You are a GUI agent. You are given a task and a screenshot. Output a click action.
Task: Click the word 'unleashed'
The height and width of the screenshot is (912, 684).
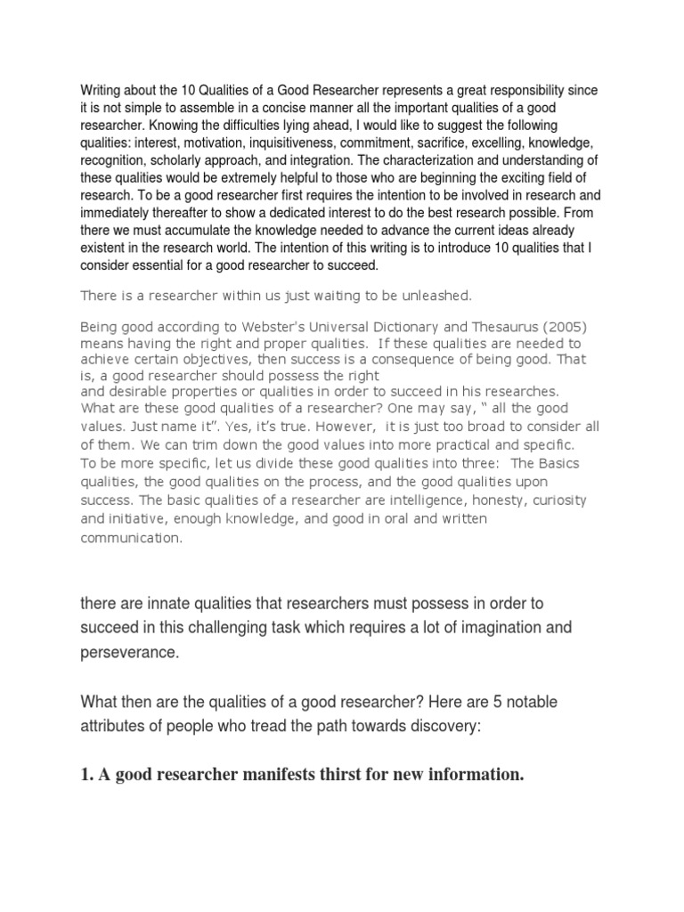pos(418,295)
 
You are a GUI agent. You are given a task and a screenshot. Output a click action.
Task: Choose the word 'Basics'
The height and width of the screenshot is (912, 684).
pos(579,463)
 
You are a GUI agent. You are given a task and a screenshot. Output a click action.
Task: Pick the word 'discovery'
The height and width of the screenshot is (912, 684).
pos(436,727)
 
